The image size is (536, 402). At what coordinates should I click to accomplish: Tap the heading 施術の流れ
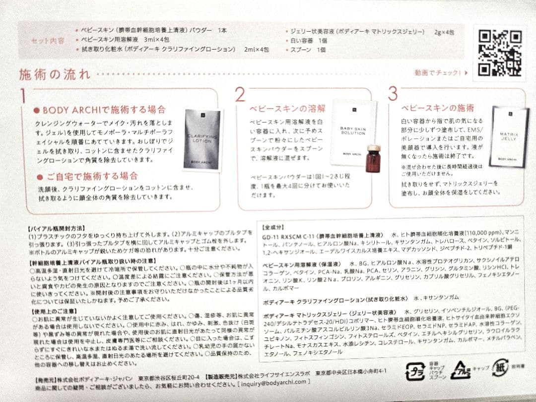point(55,75)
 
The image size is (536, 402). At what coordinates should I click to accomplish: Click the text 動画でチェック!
point(438,73)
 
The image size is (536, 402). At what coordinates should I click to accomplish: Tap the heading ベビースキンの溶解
point(280,108)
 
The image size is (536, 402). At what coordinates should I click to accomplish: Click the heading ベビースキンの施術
point(431,108)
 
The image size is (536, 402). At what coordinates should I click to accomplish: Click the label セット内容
point(48,40)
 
